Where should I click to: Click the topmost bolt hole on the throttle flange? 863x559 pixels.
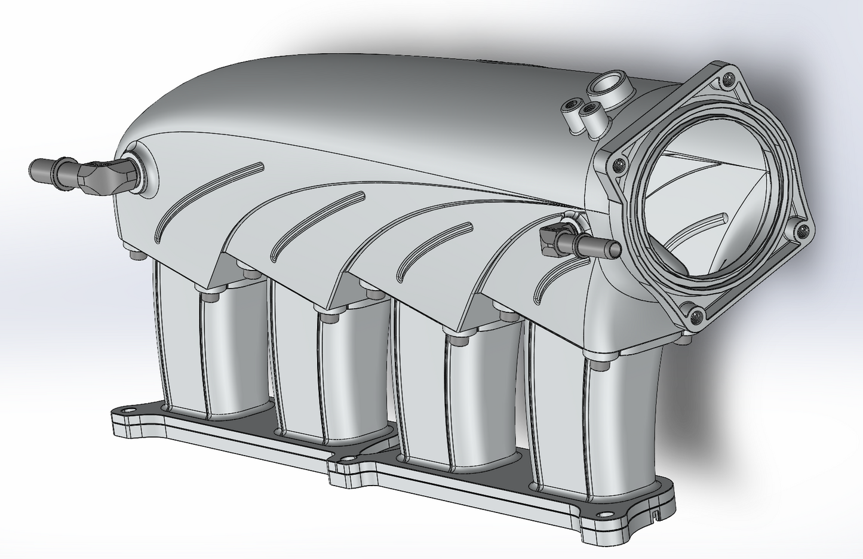(x=727, y=77)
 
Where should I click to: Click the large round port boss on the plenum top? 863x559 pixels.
(x=608, y=86)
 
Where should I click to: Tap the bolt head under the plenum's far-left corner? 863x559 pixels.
(x=136, y=256)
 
